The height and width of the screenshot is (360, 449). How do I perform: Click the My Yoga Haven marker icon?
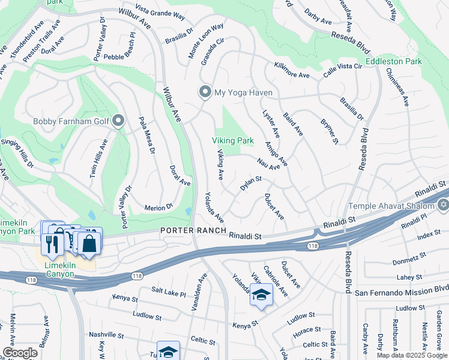click(205, 92)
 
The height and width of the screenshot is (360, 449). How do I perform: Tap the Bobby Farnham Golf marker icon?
click(118, 122)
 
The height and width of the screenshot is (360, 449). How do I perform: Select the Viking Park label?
click(232, 140)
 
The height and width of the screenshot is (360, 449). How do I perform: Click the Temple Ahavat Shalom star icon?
click(443, 206)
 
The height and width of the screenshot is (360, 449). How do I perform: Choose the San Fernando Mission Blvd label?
click(401, 293)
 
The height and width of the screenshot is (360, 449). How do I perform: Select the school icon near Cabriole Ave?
click(261, 295)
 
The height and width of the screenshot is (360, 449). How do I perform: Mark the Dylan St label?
click(251, 183)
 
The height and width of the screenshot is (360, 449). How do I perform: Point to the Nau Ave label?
click(268, 163)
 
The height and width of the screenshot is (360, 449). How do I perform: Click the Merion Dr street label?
click(158, 208)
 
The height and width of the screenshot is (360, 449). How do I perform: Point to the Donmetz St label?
click(410, 254)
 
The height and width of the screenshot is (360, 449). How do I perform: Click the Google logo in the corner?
click(20, 353)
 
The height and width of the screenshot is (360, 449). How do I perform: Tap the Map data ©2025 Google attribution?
click(412, 355)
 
